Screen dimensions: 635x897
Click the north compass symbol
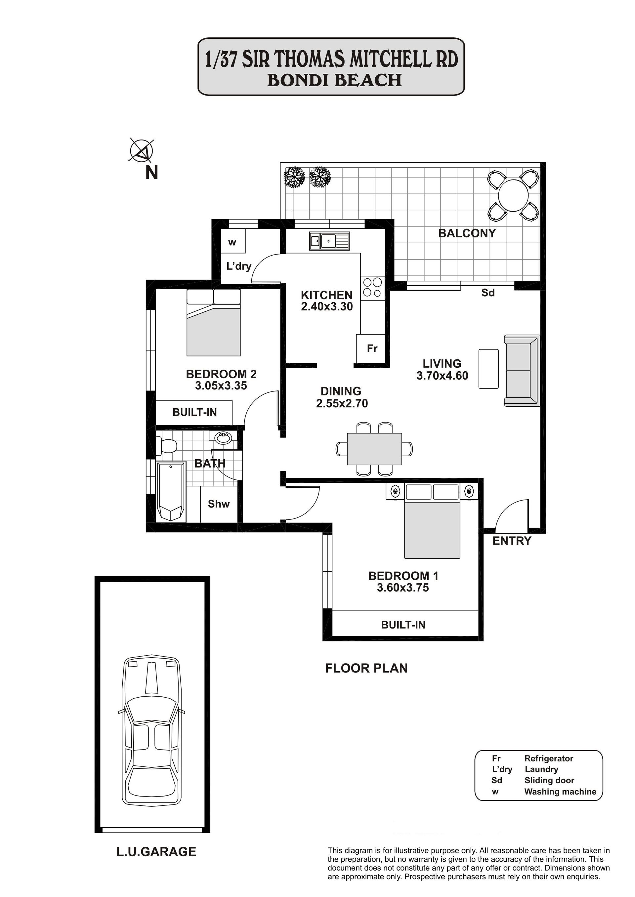[141, 150]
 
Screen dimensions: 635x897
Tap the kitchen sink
[329, 241]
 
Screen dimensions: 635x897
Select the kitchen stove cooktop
[372, 287]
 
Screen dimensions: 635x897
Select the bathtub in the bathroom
[171, 491]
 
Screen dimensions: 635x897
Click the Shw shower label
[219, 504]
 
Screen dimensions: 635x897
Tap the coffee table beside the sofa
[488, 369]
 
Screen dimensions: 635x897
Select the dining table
[374, 449]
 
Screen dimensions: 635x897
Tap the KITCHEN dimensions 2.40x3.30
[327, 306]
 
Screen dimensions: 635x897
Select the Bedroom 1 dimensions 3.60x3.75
[403, 599]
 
